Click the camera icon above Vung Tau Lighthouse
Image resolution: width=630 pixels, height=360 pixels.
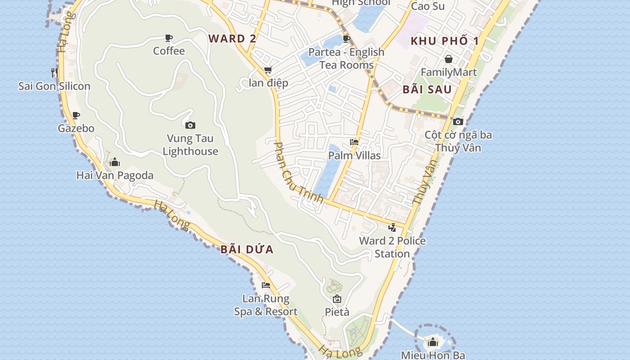point(190,125)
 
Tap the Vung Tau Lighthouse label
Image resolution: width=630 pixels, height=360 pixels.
point(190,144)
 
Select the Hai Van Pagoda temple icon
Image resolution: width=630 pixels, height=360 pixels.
point(115,162)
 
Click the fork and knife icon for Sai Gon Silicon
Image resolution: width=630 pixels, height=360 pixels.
point(54,72)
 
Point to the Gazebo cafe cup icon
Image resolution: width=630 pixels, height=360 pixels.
point(76,115)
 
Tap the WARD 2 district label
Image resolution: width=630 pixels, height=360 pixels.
point(232,39)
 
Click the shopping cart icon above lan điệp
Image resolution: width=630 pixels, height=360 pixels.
point(268,70)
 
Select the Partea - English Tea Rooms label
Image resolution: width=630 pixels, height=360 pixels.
point(346,58)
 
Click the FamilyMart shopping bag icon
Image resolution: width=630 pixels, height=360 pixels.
point(449,59)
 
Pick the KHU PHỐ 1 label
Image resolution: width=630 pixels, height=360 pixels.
point(445,41)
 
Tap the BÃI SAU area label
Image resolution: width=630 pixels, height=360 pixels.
point(427,89)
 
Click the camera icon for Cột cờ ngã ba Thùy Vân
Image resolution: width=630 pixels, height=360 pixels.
point(458,121)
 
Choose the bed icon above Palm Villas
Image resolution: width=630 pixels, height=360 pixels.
point(354,142)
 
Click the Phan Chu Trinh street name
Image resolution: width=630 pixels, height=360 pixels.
point(298,172)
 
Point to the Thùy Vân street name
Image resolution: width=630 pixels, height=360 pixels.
point(425,182)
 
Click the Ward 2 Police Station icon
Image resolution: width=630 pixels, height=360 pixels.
point(392,227)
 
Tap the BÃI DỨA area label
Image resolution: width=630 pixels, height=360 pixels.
point(247,249)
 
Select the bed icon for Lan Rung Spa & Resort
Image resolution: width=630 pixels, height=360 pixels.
point(266,285)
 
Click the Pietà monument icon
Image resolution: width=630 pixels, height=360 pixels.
point(337,299)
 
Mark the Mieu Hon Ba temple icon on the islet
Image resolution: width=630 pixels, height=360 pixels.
point(433,342)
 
